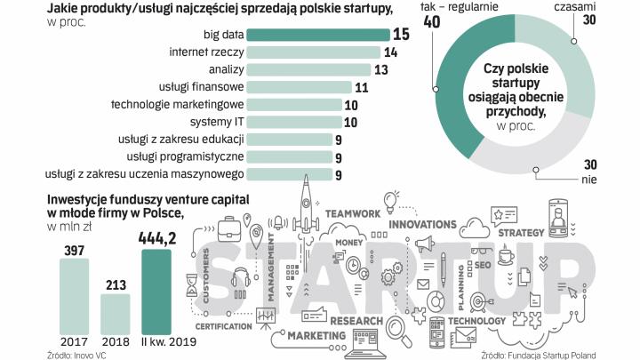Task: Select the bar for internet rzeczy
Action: (312, 52)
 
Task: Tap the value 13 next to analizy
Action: (380, 70)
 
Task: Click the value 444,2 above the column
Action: (156, 237)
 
